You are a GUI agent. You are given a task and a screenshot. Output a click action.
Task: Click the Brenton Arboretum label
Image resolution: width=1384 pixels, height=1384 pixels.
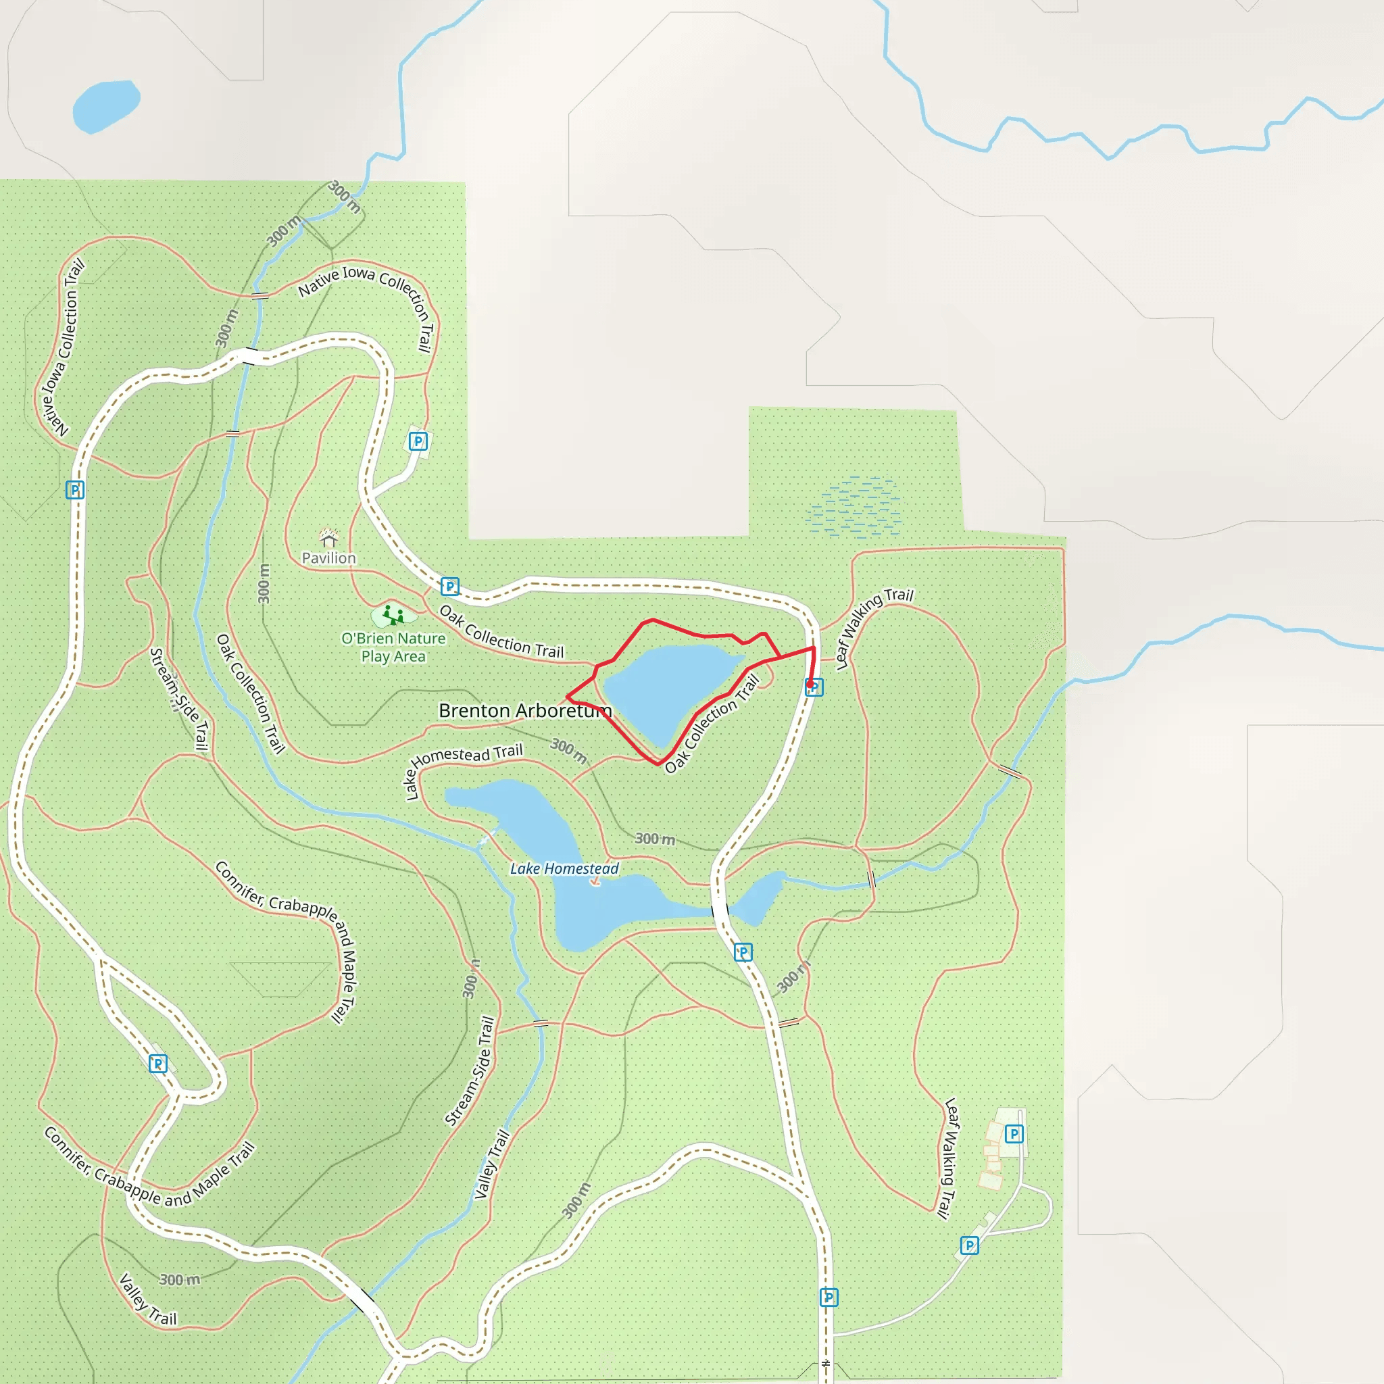coord(525,711)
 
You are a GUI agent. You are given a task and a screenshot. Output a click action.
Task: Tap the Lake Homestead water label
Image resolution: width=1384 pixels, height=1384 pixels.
coord(564,869)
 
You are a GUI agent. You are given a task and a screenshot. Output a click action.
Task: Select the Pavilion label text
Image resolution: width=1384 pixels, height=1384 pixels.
coord(329,558)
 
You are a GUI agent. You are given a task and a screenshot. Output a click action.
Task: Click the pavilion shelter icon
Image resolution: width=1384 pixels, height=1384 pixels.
coord(329,538)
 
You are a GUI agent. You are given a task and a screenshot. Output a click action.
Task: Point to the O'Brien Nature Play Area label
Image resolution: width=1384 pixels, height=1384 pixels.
coord(393,647)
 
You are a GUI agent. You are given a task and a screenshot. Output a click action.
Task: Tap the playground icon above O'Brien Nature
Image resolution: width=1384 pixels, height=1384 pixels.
coord(393,615)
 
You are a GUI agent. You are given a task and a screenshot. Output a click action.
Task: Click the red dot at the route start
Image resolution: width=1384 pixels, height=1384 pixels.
coord(810,684)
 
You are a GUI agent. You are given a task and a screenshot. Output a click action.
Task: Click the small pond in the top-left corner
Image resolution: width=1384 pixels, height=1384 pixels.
coord(106,105)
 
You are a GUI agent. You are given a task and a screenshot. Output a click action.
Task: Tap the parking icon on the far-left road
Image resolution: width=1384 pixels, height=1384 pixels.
coord(75,490)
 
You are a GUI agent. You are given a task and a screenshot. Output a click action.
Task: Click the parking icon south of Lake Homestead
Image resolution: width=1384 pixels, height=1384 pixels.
coord(743,953)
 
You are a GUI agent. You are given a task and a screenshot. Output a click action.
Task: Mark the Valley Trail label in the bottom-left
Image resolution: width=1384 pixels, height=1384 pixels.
coord(147,1299)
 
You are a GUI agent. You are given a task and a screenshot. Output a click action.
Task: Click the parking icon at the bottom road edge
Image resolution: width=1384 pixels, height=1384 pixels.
coord(829,1297)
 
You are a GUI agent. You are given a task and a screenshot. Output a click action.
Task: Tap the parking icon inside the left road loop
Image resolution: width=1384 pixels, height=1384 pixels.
coord(157,1064)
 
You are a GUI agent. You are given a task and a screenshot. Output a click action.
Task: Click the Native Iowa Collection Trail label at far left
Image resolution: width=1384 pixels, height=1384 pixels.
coord(62,347)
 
